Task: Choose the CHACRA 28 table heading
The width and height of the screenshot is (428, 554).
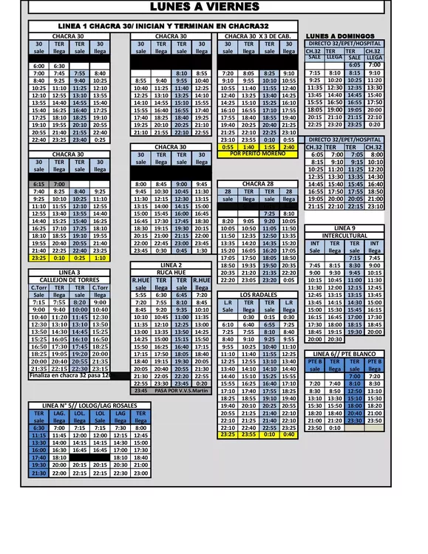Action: pyautogui.click(x=258, y=184)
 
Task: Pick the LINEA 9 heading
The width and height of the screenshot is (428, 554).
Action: pyautogui.click(x=344, y=228)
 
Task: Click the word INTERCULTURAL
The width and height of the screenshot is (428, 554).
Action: pyautogui.click(x=344, y=236)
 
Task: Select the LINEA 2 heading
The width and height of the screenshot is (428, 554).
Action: pyautogui.click(x=171, y=265)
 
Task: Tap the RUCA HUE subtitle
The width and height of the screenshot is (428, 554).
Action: pyautogui.click(x=171, y=273)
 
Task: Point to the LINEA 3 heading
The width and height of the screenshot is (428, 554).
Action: pyautogui.click(x=69, y=273)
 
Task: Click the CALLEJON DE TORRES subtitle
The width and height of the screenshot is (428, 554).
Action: pyautogui.click(x=69, y=280)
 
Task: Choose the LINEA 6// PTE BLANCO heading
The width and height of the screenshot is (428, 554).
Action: pyautogui.click(x=344, y=355)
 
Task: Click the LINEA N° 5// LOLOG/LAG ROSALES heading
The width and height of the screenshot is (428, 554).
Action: pyautogui.click(x=80, y=406)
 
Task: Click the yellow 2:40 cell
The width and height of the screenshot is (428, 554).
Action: pyautogui.click(x=288, y=147)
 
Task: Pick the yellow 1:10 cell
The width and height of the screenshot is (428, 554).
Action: pyautogui.click(x=99, y=258)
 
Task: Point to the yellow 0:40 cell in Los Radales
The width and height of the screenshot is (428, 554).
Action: pyautogui.click(x=288, y=434)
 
